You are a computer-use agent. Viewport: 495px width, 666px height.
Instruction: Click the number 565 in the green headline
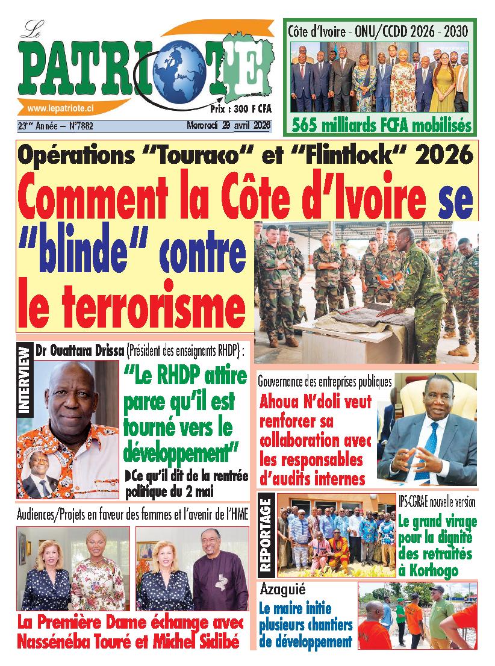click(x=310, y=126)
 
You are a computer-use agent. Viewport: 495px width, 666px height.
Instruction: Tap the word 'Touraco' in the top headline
click(x=199, y=156)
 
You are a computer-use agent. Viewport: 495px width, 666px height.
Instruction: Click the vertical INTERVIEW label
click(x=25, y=380)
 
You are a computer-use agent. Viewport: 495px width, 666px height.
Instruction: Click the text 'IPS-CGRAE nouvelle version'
click(x=437, y=502)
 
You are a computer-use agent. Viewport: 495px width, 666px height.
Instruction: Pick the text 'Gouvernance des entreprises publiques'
click(x=325, y=381)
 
